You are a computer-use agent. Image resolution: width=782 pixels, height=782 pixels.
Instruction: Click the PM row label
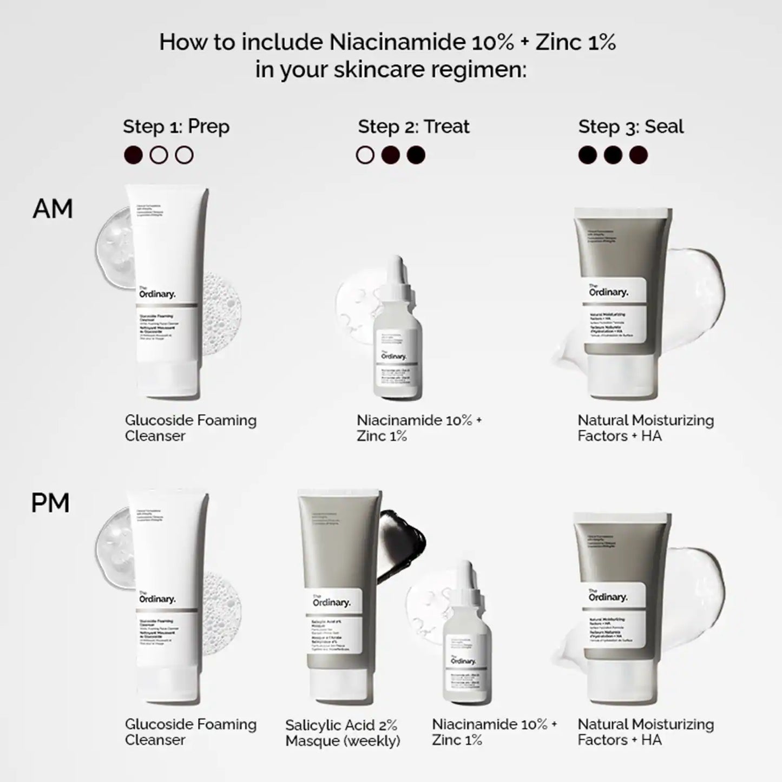pyautogui.click(x=50, y=503)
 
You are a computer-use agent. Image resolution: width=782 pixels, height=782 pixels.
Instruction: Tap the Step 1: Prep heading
pyautogui.click(x=176, y=127)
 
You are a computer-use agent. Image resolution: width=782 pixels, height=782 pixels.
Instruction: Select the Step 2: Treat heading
pyautogui.click(x=413, y=127)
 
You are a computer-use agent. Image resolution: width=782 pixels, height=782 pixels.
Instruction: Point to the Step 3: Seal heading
pyautogui.click(x=630, y=127)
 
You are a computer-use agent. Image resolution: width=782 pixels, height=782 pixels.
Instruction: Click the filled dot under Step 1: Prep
pyautogui.click(x=133, y=155)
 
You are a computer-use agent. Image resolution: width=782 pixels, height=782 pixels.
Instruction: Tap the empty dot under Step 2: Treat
pyautogui.click(x=365, y=155)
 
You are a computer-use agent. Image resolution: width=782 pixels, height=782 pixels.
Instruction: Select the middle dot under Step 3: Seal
pyautogui.click(x=613, y=155)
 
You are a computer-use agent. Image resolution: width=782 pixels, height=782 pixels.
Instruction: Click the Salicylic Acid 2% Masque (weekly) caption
pyautogui.click(x=343, y=733)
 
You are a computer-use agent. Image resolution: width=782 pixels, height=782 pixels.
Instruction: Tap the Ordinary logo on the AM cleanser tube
pyautogui.click(x=157, y=294)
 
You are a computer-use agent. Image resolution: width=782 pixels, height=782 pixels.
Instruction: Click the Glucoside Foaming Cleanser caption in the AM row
pyautogui.click(x=190, y=428)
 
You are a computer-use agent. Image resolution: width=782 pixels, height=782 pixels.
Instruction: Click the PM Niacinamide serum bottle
pyautogui.click(x=466, y=649)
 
